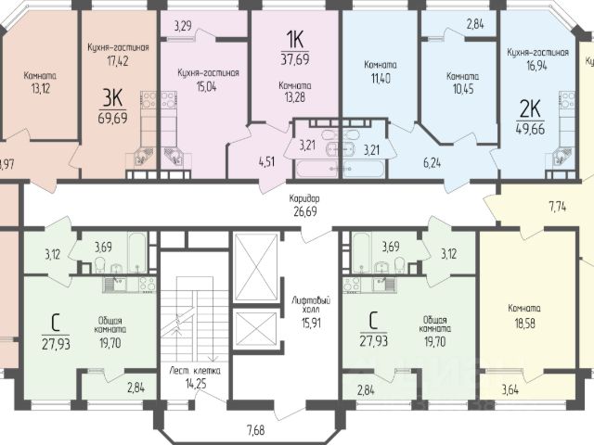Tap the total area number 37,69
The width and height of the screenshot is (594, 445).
click(295, 59)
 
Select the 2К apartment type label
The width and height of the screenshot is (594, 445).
click(530, 109)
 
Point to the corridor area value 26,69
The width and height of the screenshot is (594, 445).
click(305, 211)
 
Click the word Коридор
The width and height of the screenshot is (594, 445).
click(304, 198)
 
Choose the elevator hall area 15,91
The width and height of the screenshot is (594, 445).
click(311, 323)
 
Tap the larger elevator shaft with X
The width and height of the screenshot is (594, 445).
click(256, 268)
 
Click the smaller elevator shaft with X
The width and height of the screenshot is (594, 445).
click(256, 329)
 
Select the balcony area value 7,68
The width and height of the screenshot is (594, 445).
click(256, 430)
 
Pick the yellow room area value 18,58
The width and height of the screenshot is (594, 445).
click(524, 324)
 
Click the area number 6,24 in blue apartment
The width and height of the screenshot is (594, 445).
click(433, 163)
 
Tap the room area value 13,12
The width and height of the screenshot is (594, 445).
click(41, 89)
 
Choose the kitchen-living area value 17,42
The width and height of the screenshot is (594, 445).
click(118, 60)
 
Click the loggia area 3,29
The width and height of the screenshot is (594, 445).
click(183, 26)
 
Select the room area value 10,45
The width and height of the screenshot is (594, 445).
click(463, 89)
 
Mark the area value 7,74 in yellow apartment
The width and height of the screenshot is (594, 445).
click(558, 207)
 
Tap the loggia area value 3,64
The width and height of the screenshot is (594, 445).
click(510, 389)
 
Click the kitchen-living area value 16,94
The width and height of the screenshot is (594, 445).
click(536, 66)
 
